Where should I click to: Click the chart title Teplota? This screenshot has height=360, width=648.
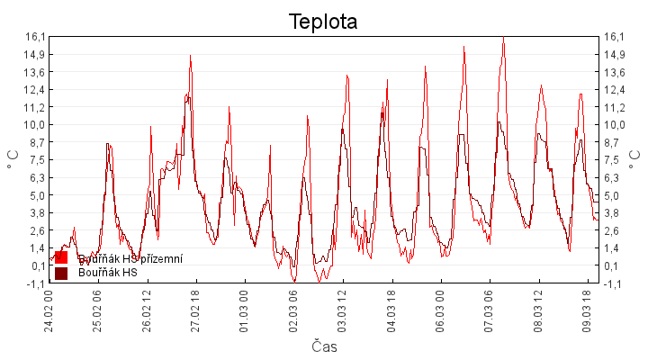[x=323, y=22]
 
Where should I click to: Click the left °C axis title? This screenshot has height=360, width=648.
[x=13, y=159]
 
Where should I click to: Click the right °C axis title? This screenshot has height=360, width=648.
[x=635, y=159]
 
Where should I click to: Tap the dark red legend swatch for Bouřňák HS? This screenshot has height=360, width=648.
[x=61, y=273]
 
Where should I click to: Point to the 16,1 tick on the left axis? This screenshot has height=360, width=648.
[x=34, y=37]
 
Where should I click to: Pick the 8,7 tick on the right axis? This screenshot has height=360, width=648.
[x=614, y=142]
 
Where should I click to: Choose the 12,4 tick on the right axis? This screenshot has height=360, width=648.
[x=614, y=89]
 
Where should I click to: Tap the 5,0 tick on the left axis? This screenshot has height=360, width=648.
[x=36, y=195]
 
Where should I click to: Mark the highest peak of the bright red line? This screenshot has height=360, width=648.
[x=503, y=38]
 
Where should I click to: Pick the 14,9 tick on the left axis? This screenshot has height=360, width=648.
[x=34, y=54]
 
